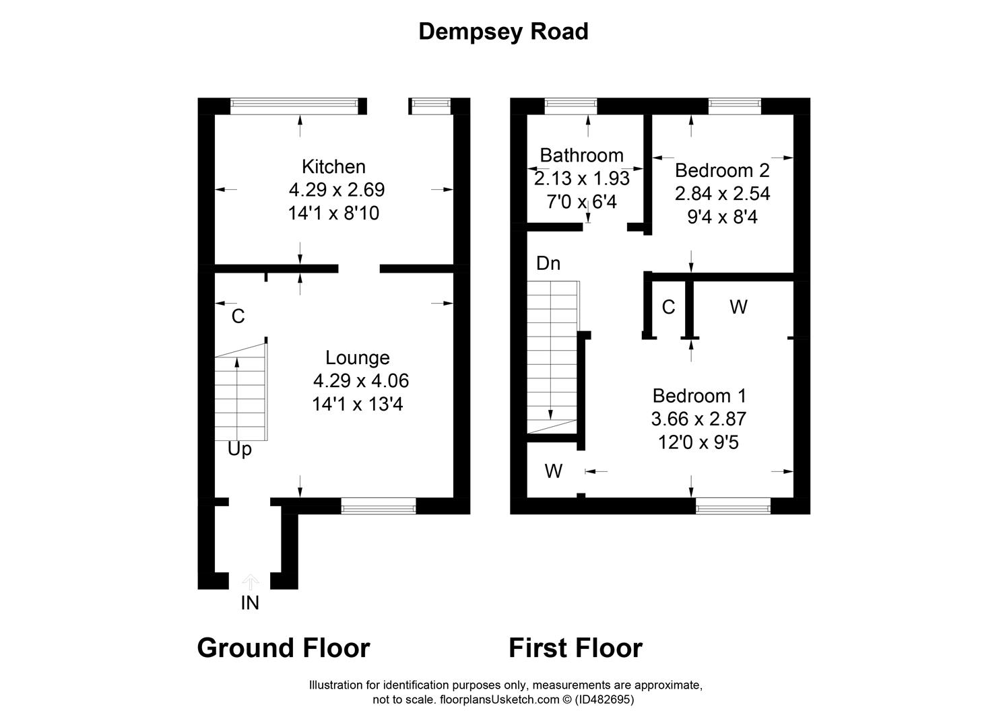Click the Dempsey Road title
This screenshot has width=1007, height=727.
[x=503, y=32]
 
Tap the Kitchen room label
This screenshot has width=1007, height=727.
[x=333, y=166]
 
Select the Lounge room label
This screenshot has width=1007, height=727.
[x=357, y=357]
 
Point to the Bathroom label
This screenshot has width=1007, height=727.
[x=581, y=155]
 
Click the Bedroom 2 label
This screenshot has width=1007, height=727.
[x=721, y=170]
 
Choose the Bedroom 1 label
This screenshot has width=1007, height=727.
[x=699, y=395]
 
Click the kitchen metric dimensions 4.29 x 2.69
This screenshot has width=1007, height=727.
[x=337, y=190]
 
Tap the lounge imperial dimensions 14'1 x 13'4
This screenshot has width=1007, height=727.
[x=357, y=405]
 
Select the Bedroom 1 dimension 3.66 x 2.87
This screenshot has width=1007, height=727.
[x=699, y=419]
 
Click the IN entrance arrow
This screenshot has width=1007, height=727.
[x=250, y=582]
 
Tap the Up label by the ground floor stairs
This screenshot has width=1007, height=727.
[x=239, y=449]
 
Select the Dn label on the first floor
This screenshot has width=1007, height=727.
[x=548, y=263]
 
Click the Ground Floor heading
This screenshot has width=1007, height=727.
[x=283, y=648]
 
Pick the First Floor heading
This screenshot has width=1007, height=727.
[x=575, y=648]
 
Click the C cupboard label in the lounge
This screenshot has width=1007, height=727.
[x=238, y=316]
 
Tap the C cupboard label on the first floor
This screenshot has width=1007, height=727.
[x=668, y=308]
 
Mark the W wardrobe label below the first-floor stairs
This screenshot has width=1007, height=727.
[x=553, y=471]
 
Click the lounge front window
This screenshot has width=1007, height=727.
[x=379, y=507]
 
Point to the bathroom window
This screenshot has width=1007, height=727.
[x=571, y=104]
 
